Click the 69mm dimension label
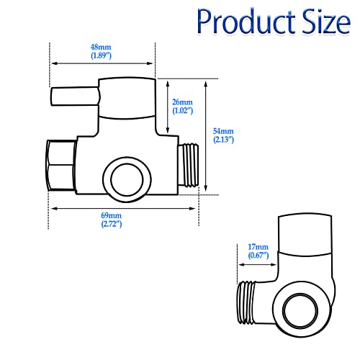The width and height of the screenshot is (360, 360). pos(111,216)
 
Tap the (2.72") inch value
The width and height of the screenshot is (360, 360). pos(111,224)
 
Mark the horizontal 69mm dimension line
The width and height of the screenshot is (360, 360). pos(122,209)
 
